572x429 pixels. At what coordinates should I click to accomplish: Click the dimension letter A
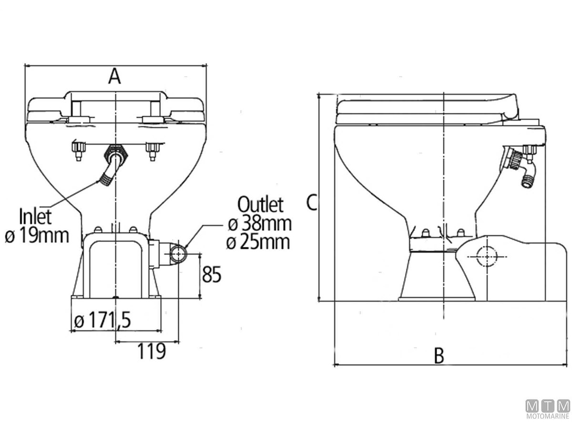coord(114,76)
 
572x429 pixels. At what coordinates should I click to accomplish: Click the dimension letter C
coord(312,203)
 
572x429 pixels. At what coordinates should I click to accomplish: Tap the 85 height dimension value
coord(211,274)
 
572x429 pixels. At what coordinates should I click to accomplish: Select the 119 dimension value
coord(152,351)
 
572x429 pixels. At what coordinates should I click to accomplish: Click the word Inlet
coord(35,216)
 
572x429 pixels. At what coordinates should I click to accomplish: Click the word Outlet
coord(260,204)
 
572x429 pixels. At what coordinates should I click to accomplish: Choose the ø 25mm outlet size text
coord(258,242)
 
